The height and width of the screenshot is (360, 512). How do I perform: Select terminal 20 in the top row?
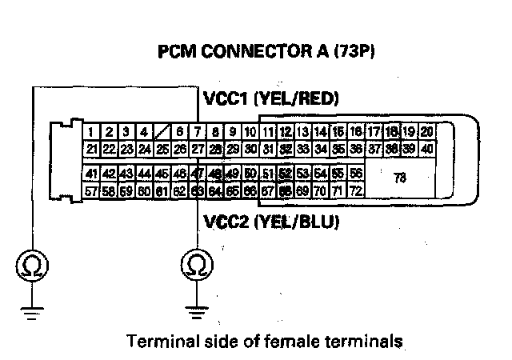tap(427, 132)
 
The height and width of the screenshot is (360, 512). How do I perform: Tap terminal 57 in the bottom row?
tap(90, 191)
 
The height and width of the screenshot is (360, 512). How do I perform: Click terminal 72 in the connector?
tap(355, 191)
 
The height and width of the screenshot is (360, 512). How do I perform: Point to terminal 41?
tap(90, 174)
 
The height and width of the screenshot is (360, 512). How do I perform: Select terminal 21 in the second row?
tap(91, 148)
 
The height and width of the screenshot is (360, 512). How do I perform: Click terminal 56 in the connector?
tap(355, 174)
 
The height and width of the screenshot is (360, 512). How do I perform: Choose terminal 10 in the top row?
tap(250, 132)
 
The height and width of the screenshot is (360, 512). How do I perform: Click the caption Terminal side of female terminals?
tap(263, 342)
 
